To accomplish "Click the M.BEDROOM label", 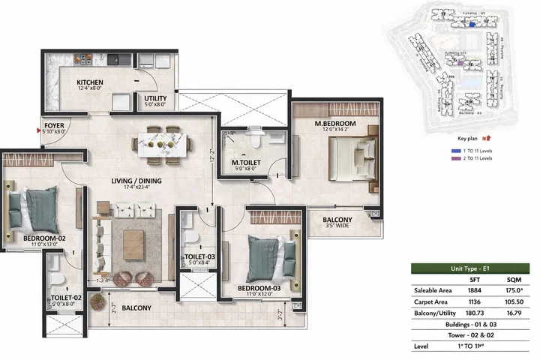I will click(x=334, y=123).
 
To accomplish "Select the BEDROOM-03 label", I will click(x=259, y=287).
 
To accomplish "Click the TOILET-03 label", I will click(x=200, y=257).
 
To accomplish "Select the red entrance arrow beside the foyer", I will click(x=39, y=129).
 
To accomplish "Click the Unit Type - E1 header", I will click(x=476, y=268).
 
